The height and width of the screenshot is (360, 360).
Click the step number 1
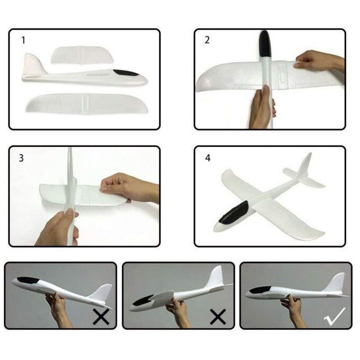coord(23,40)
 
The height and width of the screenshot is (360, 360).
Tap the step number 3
coord(21,158)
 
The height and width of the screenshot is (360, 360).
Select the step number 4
coord(207,158)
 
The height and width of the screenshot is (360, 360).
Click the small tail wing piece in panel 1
coord(81,55)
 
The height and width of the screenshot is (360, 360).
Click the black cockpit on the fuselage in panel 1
coord(126,73)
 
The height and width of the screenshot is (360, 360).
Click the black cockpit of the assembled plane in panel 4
coord(234,212)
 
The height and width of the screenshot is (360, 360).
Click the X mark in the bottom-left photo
coord(101,317)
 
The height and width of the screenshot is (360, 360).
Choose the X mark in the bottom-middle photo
coord(218,317)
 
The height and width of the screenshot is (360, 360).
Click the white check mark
coord(335,317)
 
